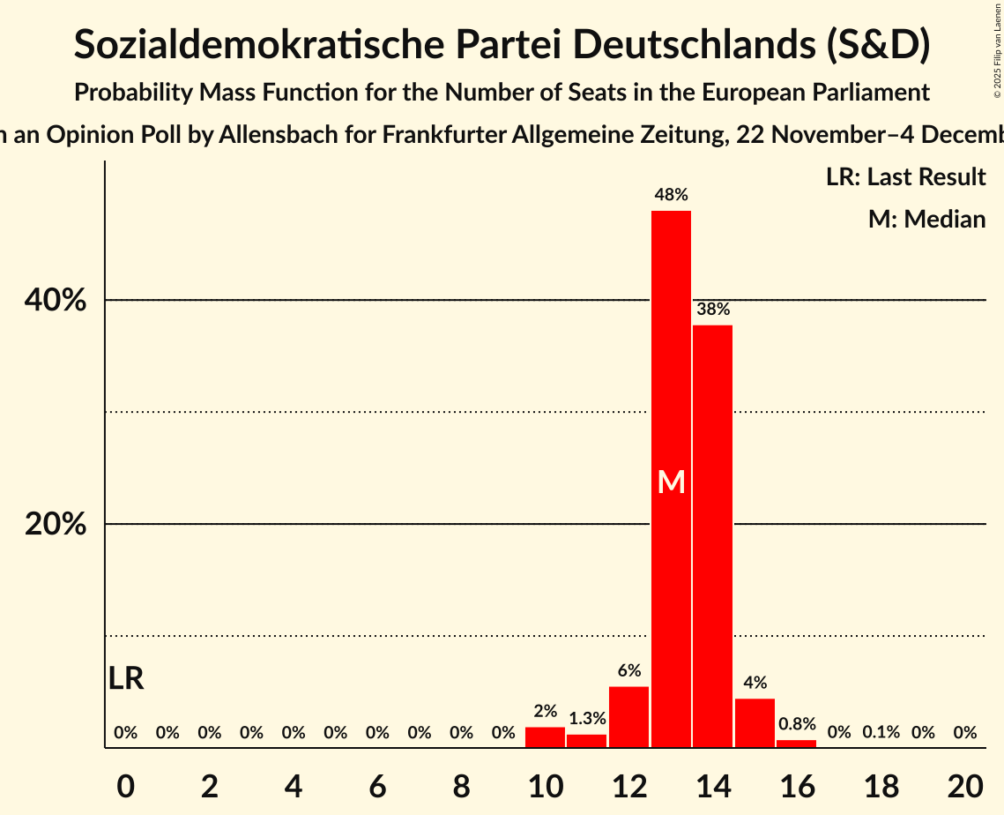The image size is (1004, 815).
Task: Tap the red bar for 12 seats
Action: [x=628, y=717]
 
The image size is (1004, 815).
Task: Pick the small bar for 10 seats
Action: [x=545, y=737]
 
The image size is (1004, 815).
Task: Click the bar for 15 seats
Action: [x=755, y=723]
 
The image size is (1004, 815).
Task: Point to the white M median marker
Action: [x=672, y=482]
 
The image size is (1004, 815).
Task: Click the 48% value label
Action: [x=671, y=195]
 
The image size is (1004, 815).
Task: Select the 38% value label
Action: [x=712, y=310]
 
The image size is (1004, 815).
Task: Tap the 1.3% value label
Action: [x=587, y=719]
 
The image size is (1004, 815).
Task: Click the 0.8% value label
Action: [x=796, y=724]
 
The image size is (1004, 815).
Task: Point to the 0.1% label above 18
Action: [x=881, y=732]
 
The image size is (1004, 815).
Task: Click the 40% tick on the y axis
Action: [x=56, y=301]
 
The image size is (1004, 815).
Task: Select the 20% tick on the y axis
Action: [x=56, y=525]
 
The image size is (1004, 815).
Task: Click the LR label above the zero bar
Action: [x=126, y=679]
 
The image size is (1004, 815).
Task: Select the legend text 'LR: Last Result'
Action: [x=905, y=177]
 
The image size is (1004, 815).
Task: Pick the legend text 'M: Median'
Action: [x=926, y=219]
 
